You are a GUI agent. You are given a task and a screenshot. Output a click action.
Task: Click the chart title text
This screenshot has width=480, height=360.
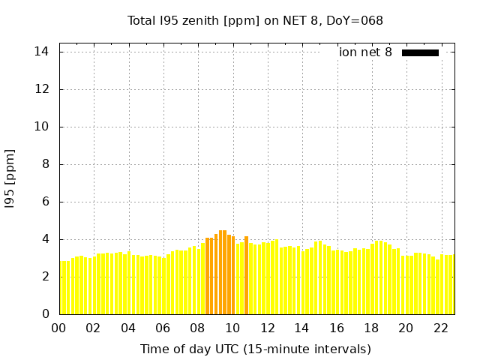pos(255,20)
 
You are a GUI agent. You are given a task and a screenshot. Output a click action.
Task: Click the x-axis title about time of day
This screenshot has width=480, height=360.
pos(255,349)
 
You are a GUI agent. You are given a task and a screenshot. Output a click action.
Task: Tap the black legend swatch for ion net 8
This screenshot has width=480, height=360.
pos(420,52)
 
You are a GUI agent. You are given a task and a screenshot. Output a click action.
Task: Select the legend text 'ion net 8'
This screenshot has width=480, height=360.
pos(365,52)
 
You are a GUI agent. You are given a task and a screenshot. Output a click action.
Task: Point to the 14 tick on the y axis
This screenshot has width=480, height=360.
pos(41,52)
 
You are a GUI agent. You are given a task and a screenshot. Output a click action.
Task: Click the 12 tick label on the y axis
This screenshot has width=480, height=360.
pos(41,89)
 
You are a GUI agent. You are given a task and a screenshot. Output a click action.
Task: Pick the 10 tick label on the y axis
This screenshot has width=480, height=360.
pos(41,127)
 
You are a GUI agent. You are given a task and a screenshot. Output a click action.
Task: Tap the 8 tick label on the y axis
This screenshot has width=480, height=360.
pos(45,164)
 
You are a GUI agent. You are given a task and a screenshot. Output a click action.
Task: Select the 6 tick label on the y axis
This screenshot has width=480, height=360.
pos(45,202)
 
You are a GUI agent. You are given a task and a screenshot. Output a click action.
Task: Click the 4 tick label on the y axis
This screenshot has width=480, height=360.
pos(45,239)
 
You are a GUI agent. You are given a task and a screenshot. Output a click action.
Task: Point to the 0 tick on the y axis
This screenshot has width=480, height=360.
pos(45,314)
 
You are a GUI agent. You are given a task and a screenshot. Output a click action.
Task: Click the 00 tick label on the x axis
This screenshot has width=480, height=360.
pos(58,328)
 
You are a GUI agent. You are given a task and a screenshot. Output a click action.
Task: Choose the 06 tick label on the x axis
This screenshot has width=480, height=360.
pos(163,328)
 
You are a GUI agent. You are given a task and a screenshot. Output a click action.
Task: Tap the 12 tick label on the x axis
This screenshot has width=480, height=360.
pos(267,328)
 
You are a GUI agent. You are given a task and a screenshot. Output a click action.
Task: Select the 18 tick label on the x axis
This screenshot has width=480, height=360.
pos(371,328)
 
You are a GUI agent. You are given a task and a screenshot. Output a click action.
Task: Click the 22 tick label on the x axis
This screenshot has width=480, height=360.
pos(440,328)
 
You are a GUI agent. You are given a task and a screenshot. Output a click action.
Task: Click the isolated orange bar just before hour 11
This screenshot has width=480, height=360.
pos(246,275)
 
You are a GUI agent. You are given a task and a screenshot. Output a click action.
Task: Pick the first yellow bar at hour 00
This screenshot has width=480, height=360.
pos(62,287)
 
